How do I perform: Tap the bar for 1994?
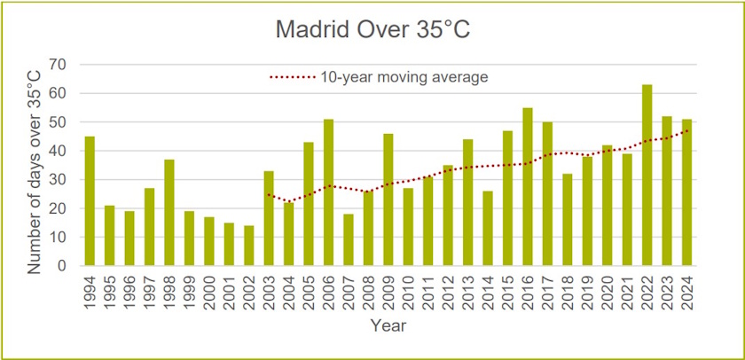[90, 201]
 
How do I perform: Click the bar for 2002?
[248, 246]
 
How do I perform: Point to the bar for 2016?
[527, 187]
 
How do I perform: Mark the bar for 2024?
[686, 192]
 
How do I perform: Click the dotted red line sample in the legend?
[293, 78]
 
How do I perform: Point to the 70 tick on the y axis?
[59, 65]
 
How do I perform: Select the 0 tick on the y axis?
[64, 266]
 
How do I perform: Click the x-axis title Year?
[388, 325]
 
